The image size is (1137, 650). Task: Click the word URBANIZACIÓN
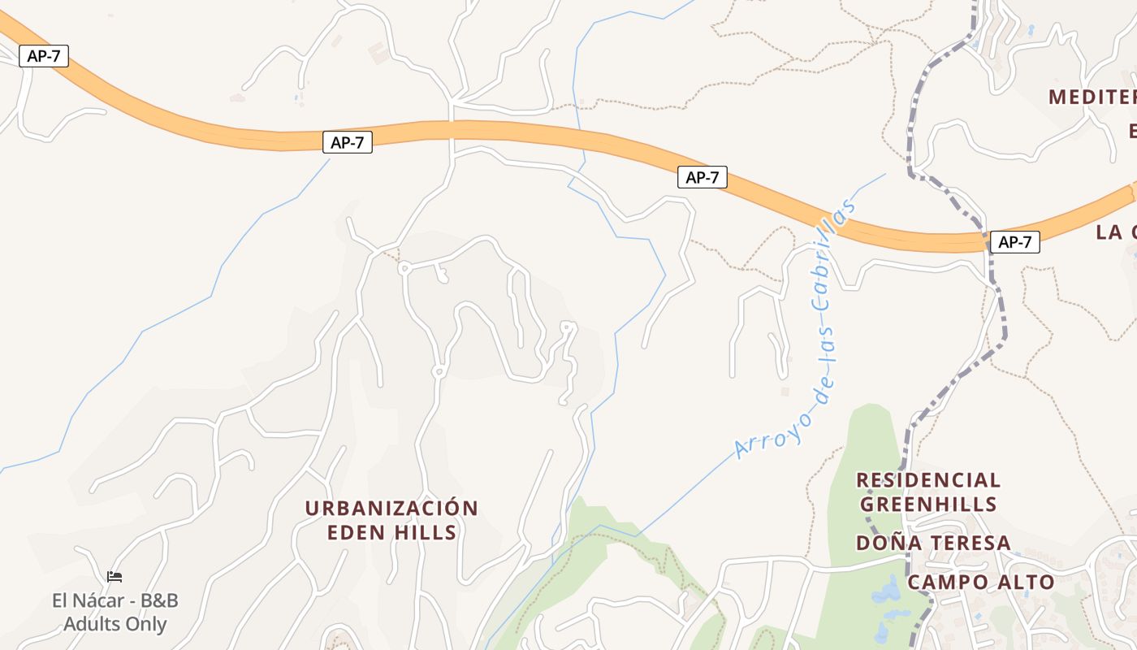(x=391, y=509)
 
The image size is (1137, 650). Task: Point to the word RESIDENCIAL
(x=928, y=480)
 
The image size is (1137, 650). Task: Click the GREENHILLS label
(x=928, y=505)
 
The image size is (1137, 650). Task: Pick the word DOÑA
(x=886, y=543)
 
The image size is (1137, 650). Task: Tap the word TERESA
(x=969, y=543)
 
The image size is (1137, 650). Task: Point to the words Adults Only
(x=115, y=624)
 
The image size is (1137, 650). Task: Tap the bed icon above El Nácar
(x=115, y=577)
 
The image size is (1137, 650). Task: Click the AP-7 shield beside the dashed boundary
(x=1015, y=241)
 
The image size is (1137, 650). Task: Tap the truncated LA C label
(x=1115, y=232)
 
